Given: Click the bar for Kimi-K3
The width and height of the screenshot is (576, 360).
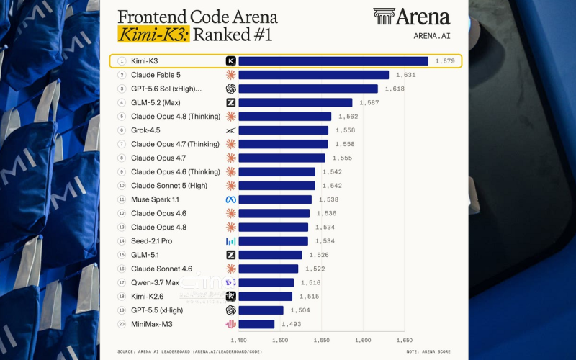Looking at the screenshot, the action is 333,61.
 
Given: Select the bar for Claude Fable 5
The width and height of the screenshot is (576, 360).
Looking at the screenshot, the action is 314,75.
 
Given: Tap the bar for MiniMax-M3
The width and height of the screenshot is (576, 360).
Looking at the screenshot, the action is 256,324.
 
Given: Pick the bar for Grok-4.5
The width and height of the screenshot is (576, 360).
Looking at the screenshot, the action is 283,130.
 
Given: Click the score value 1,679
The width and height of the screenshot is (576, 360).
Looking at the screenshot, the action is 445,61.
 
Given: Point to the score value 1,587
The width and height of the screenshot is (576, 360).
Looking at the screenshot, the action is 369,103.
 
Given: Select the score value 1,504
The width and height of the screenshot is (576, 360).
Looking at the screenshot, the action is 300,310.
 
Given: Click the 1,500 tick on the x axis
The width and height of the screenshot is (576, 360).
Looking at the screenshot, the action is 280,341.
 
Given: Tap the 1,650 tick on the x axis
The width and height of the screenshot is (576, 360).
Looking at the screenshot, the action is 405,341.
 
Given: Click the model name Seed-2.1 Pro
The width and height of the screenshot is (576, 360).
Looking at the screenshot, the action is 151,241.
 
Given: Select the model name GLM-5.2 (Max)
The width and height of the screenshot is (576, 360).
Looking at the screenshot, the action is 156,103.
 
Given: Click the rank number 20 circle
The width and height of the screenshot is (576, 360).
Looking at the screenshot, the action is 122,324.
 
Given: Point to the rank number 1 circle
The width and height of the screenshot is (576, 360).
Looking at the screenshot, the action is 122,61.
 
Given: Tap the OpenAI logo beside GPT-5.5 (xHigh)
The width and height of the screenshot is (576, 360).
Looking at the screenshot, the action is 230,310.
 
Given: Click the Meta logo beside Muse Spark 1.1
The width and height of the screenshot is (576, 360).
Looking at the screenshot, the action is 230,199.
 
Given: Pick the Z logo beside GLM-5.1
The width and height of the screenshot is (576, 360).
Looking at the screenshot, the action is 230,255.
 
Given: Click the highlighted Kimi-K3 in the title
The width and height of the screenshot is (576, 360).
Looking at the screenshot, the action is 153,34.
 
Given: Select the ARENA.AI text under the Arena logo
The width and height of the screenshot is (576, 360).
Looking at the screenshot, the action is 431,36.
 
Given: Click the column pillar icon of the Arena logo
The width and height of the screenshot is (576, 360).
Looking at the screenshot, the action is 384,17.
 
